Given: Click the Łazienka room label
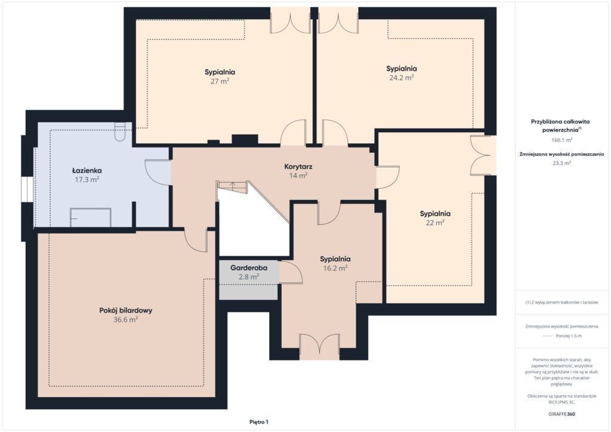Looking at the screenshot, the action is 87,171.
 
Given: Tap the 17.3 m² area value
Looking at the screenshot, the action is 87,180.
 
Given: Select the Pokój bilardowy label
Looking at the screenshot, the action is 125,310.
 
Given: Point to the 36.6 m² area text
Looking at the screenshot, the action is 125,320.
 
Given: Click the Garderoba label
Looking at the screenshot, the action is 249,268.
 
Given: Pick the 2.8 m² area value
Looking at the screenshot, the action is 249,277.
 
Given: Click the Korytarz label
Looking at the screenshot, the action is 298,166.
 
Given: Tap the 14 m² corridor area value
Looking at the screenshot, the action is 298,175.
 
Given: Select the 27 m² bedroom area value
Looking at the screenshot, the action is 220,81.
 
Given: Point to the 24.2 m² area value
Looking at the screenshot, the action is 402,78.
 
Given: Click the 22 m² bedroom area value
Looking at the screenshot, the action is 435,223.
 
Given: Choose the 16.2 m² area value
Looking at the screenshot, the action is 335,269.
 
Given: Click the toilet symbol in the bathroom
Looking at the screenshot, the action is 119,132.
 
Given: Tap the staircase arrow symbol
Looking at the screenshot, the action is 232,186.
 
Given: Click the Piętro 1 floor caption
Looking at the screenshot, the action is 259,422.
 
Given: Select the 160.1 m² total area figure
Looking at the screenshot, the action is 561,140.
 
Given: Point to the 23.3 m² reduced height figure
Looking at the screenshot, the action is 561,163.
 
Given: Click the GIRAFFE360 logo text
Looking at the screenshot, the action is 561,414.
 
